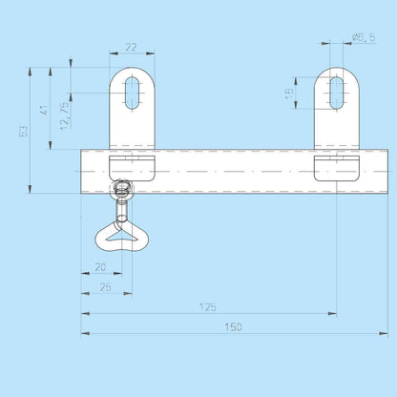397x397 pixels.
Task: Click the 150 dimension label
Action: (x=233, y=327)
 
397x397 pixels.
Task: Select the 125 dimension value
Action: (x=208, y=307)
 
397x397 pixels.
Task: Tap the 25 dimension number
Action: (x=105, y=287)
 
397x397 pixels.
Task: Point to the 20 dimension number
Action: (x=100, y=267)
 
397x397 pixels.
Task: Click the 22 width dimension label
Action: (x=131, y=48)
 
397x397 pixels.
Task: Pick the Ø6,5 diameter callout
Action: (x=364, y=37)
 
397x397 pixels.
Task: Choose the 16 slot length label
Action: (x=289, y=94)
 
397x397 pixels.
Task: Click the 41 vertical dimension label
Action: (x=44, y=110)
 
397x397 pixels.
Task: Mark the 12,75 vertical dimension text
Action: (x=65, y=115)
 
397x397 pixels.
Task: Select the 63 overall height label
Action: (x=23, y=131)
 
